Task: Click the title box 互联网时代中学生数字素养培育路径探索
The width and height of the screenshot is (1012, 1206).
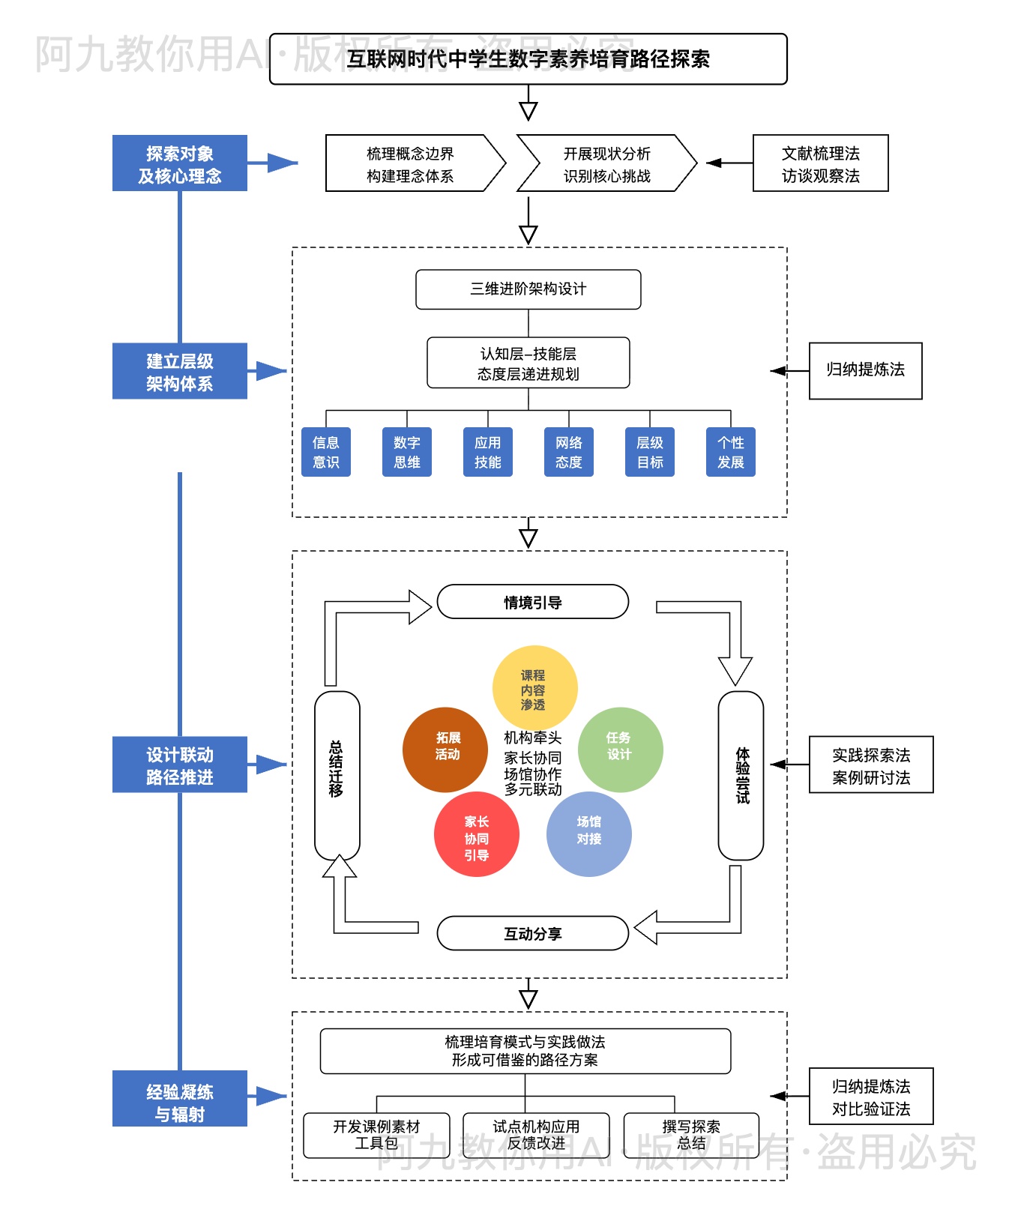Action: (528, 59)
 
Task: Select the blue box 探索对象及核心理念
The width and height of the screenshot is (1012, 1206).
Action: (180, 163)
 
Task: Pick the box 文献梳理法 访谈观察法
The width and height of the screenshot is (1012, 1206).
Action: (820, 164)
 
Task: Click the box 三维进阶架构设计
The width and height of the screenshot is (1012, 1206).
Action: (528, 289)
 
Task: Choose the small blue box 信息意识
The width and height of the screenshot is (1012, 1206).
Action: (326, 452)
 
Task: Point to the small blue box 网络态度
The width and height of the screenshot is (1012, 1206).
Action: (569, 452)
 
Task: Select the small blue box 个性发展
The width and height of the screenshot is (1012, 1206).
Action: (731, 452)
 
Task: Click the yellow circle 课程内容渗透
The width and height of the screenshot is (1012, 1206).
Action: (534, 687)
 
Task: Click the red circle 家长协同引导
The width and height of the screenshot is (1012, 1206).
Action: (477, 835)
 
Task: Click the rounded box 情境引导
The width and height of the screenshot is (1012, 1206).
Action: (532, 602)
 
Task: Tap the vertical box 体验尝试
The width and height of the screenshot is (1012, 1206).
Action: (741, 775)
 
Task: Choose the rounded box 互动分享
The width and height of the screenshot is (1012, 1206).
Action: (532, 933)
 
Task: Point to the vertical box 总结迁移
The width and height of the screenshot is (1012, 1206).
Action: (337, 775)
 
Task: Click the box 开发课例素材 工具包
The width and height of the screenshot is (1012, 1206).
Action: (376, 1135)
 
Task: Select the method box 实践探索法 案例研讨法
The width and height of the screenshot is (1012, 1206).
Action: (871, 765)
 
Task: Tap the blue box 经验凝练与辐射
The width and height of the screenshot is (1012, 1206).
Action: (180, 1099)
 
